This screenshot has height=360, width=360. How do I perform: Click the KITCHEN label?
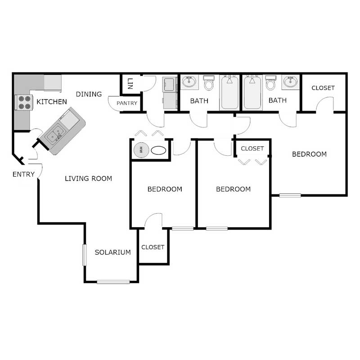pyautogui.click(x=51, y=102)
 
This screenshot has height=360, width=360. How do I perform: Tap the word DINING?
pyautogui.click(x=89, y=94)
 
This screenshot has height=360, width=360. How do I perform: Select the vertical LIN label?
pyautogui.click(x=130, y=83)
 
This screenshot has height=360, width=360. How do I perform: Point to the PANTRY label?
pyautogui.click(x=127, y=103)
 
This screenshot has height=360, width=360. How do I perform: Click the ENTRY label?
pyautogui.click(x=23, y=174)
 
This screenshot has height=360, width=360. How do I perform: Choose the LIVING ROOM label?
pyautogui.click(x=88, y=179)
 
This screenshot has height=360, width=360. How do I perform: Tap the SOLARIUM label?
pyautogui.click(x=112, y=252)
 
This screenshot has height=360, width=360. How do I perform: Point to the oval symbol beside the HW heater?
pyautogui.click(x=158, y=150)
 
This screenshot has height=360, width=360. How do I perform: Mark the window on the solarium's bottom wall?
pyautogui.click(x=113, y=282)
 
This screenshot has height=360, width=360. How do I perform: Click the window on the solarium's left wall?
pyautogui.click(x=84, y=255)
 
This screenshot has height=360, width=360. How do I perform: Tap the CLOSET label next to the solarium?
pyautogui.click(x=153, y=247)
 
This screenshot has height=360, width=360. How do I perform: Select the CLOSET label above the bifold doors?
pyautogui.click(x=252, y=148)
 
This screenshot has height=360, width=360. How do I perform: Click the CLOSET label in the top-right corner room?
pyautogui.click(x=323, y=88)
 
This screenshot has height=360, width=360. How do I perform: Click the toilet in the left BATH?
pyautogui.click(x=209, y=83)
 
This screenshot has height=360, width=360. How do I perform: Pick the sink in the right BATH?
pyautogui.click(x=290, y=82)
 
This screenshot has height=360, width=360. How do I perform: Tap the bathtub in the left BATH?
pyautogui.click(x=229, y=92)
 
